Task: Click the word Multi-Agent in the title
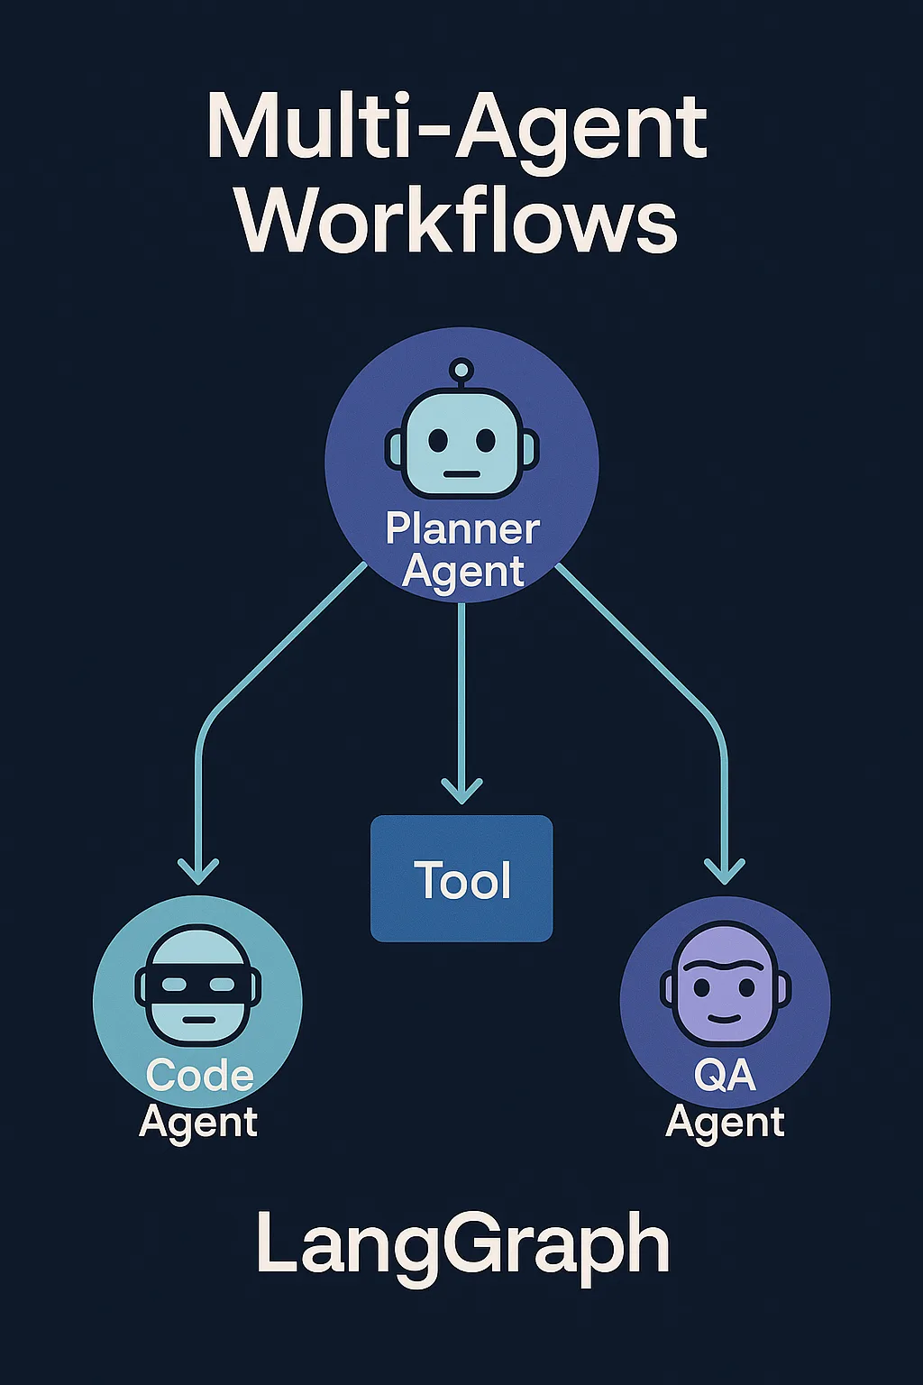coord(458,126)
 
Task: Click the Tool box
coord(461,878)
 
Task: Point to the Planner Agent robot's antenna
coord(461,370)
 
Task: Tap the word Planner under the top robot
coord(462,529)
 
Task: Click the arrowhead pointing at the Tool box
coord(461,791)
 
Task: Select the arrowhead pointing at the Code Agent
coord(198,870)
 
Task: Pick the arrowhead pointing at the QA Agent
coord(724,870)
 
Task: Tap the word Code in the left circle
coord(199,1076)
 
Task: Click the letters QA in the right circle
coord(725,1075)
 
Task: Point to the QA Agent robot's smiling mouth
coord(725,1018)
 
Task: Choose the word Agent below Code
coord(198,1123)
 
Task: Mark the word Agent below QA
coord(725,1123)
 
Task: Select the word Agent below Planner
coord(462,572)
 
